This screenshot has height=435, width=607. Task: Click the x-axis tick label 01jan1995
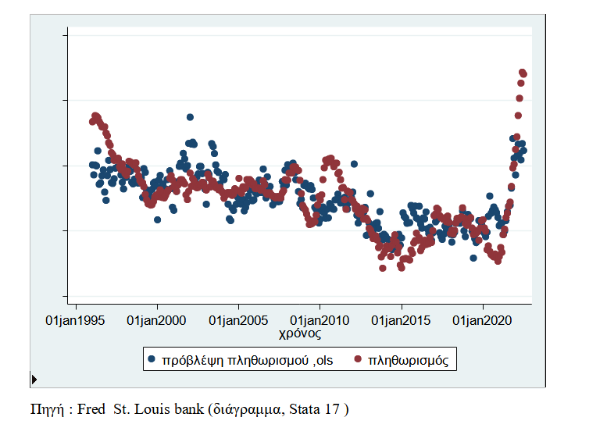click(75, 320)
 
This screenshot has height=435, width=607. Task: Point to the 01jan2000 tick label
click(156, 320)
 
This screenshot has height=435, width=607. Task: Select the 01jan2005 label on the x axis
click(238, 320)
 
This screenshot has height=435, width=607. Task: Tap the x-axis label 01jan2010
click(320, 320)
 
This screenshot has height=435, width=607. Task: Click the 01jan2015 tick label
click(401, 320)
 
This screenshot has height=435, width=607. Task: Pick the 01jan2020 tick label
click(483, 320)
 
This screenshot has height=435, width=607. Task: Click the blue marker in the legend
click(151, 359)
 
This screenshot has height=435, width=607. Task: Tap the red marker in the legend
click(359, 359)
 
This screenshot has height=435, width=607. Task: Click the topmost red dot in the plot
click(522, 72)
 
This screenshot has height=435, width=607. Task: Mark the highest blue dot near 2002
click(190, 117)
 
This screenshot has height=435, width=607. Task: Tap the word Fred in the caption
click(91, 408)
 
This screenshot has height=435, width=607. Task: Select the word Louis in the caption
click(153, 408)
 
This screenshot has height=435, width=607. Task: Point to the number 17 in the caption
click(333, 408)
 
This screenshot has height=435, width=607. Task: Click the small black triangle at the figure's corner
click(34, 380)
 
